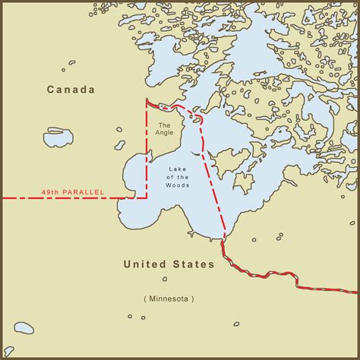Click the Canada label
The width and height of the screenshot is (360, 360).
point(71,90)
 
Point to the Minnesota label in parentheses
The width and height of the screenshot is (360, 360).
point(168,298)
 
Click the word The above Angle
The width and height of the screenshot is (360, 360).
point(164,124)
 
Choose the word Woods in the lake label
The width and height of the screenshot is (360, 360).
point(178,185)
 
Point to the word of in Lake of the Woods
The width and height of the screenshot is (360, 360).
point(169,178)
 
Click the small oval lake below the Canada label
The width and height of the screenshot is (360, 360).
point(58,137)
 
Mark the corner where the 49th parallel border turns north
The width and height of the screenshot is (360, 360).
point(147,198)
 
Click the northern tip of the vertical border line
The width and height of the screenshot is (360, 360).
point(147,99)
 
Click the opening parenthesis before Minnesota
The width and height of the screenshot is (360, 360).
point(144,298)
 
